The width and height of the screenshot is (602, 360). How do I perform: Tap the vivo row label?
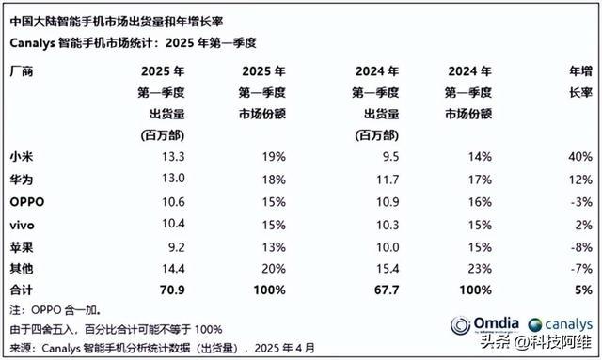pyautogui.click(x=22, y=223)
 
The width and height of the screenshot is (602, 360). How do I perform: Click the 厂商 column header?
pyautogui.click(x=20, y=71)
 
